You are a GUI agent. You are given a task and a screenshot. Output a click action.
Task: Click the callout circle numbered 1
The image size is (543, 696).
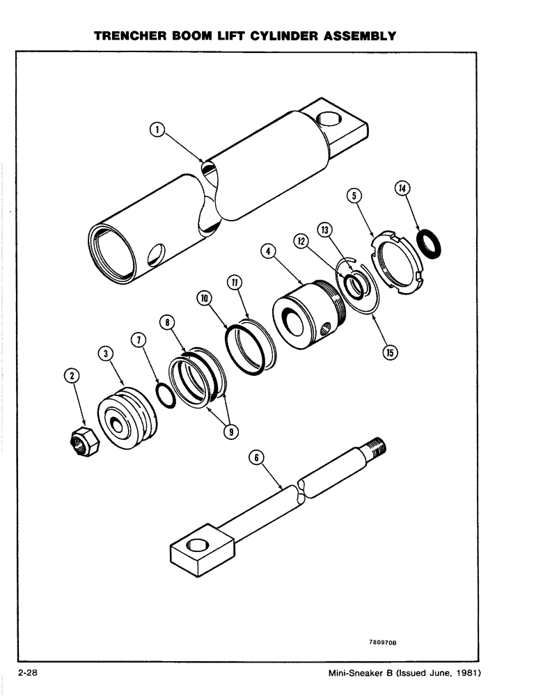coord(158,129)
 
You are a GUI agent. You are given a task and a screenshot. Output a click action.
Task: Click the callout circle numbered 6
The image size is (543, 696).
coord(255,457)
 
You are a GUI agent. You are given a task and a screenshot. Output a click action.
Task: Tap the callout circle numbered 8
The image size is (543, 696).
coord(168,322)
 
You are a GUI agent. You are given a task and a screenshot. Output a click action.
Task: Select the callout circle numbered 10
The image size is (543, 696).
coord(204,297)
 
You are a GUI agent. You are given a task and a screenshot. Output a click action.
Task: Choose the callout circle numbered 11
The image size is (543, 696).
coord(235,282)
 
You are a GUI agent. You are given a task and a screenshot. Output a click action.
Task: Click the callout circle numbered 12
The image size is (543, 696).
coord(301,241)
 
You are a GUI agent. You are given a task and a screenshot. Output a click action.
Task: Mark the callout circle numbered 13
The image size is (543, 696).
coord(324,230)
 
